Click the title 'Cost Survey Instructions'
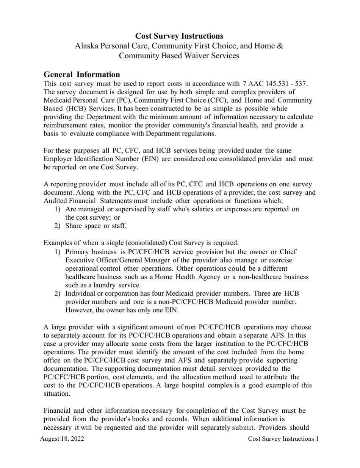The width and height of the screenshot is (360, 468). coord(179,36)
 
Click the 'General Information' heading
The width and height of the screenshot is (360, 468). coord(82,74)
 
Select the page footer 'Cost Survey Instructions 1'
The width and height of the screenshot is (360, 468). coord(283,439)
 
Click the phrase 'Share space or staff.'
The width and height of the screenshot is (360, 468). coord(95,226)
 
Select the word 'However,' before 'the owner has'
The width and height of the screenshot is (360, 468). coord(78,310)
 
